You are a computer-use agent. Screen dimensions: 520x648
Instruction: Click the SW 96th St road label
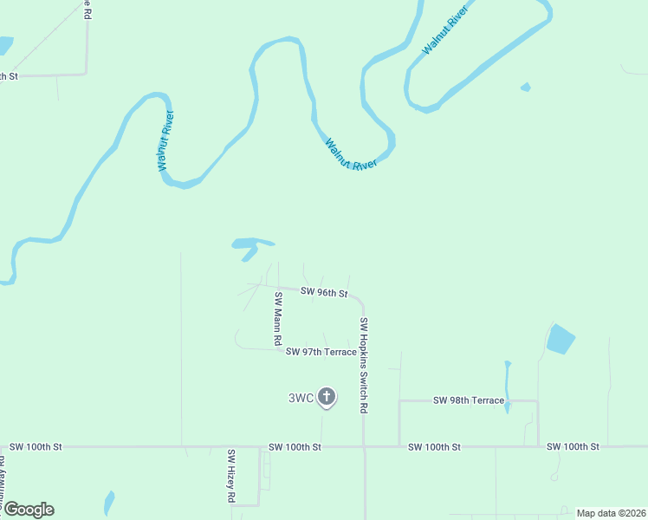pos(324,293)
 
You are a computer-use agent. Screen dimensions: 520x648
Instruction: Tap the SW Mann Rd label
pos(279,320)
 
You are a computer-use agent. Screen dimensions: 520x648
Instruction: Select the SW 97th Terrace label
pos(321,352)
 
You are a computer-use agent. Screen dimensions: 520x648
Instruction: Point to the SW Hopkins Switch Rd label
pos(365,364)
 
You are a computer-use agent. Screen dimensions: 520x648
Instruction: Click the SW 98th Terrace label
pos(468,400)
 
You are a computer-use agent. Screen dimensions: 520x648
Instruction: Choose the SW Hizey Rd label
pos(231,476)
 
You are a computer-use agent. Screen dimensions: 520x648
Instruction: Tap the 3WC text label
pos(301,399)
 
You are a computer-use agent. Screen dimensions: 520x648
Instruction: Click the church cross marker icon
pos(327,398)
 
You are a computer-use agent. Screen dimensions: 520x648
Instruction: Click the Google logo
pos(29,510)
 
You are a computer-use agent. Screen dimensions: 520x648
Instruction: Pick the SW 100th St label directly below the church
pos(295,447)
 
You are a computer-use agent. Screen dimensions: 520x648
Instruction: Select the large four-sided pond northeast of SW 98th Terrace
pos(561,339)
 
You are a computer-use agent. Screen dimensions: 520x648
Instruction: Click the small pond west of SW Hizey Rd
pos(108,503)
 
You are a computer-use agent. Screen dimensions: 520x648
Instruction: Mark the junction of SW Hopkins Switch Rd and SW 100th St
pos(364,447)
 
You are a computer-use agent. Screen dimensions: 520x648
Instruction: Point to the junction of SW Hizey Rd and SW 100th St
pos(259,447)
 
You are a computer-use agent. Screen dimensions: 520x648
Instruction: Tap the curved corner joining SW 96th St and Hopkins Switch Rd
pos(359,300)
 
